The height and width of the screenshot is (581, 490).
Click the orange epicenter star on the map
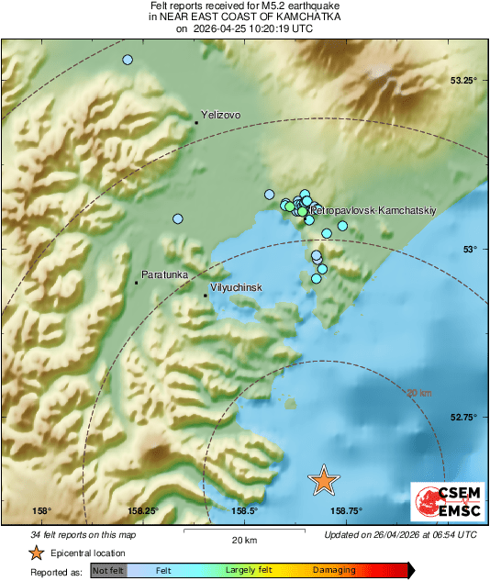(323, 479)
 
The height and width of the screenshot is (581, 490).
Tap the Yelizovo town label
(220, 115)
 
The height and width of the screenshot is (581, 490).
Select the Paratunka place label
(164, 274)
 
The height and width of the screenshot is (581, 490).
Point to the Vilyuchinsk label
(237, 287)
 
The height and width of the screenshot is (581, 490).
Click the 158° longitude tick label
(41, 511)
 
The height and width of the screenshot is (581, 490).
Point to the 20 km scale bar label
(243, 540)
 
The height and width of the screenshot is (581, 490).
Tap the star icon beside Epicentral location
(36, 553)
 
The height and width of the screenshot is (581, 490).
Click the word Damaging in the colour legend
(334, 570)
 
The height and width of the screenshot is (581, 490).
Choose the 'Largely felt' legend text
(246, 570)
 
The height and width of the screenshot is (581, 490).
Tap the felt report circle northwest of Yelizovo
(128, 60)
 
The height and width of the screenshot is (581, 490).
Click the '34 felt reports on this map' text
(84, 534)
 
